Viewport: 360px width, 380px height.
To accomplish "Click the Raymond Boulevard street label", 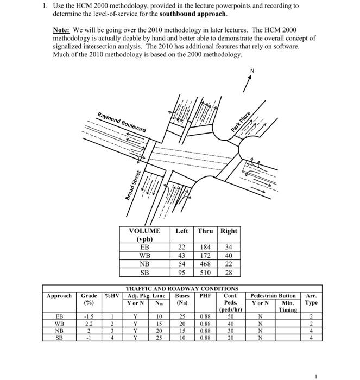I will tap(122, 122).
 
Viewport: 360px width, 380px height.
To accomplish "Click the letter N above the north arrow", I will tap(252, 71).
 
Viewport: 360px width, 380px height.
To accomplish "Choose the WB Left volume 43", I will tap(182, 256).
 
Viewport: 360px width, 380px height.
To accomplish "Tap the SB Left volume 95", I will tap(182, 273).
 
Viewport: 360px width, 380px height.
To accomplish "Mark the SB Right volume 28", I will tap(228, 273).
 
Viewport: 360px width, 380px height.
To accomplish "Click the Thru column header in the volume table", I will tap(205, 231).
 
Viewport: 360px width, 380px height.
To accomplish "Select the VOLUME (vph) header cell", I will tap(144, 235).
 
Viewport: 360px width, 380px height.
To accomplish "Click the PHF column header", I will tap(205, 296).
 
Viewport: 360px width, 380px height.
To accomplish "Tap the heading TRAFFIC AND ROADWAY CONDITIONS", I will tap(182, 288).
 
